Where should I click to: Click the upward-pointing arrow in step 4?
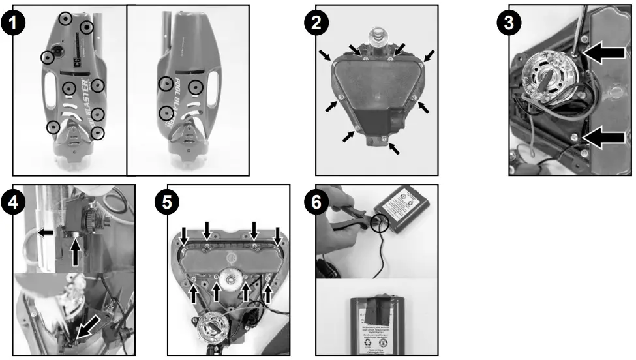76,252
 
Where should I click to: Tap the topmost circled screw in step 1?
65,18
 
